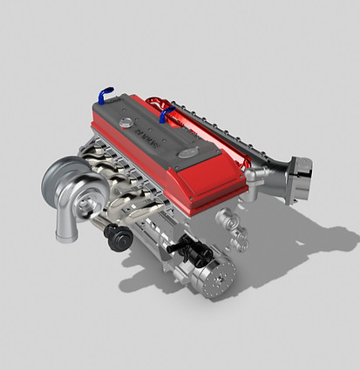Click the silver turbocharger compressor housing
tap(74, 183)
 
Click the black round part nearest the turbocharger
tap(114, 235)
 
